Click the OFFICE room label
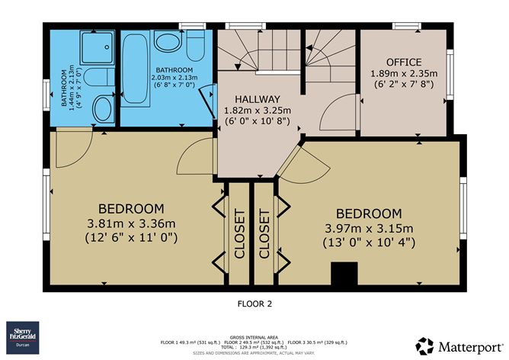(403, 61)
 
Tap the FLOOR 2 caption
(254, 304)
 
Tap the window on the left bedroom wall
(46, 198)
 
